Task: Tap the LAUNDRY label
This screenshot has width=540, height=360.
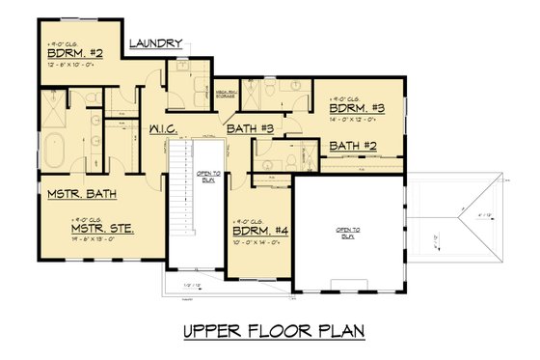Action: tap(155, 43)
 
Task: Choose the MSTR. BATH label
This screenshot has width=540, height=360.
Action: tap(82, 194)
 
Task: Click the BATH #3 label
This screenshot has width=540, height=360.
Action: tap(252, 128)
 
